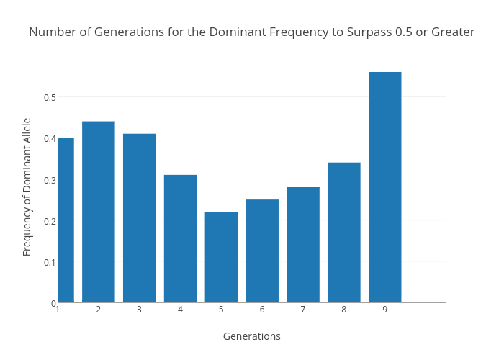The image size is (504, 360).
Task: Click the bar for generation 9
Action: coord(384,187)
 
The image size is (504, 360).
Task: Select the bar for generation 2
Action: coord(98,212)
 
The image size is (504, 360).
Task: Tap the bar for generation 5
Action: coord(221,257)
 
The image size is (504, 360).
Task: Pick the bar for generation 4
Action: coord(180,238)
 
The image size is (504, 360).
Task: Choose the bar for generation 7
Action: coord(303,245)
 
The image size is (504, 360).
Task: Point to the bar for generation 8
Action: coord(344,233)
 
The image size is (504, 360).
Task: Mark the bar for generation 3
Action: coord(139,218)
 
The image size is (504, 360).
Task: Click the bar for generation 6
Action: coord(262,251)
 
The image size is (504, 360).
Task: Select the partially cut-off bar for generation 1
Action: coord(66,220)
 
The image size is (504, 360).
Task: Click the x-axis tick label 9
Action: coord(384,310)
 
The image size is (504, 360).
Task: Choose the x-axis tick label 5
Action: coord(221,310)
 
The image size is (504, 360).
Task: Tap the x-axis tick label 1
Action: coord(57,310)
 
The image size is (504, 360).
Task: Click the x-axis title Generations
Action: coord(251,336)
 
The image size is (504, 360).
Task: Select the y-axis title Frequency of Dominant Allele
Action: coord(27,186)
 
